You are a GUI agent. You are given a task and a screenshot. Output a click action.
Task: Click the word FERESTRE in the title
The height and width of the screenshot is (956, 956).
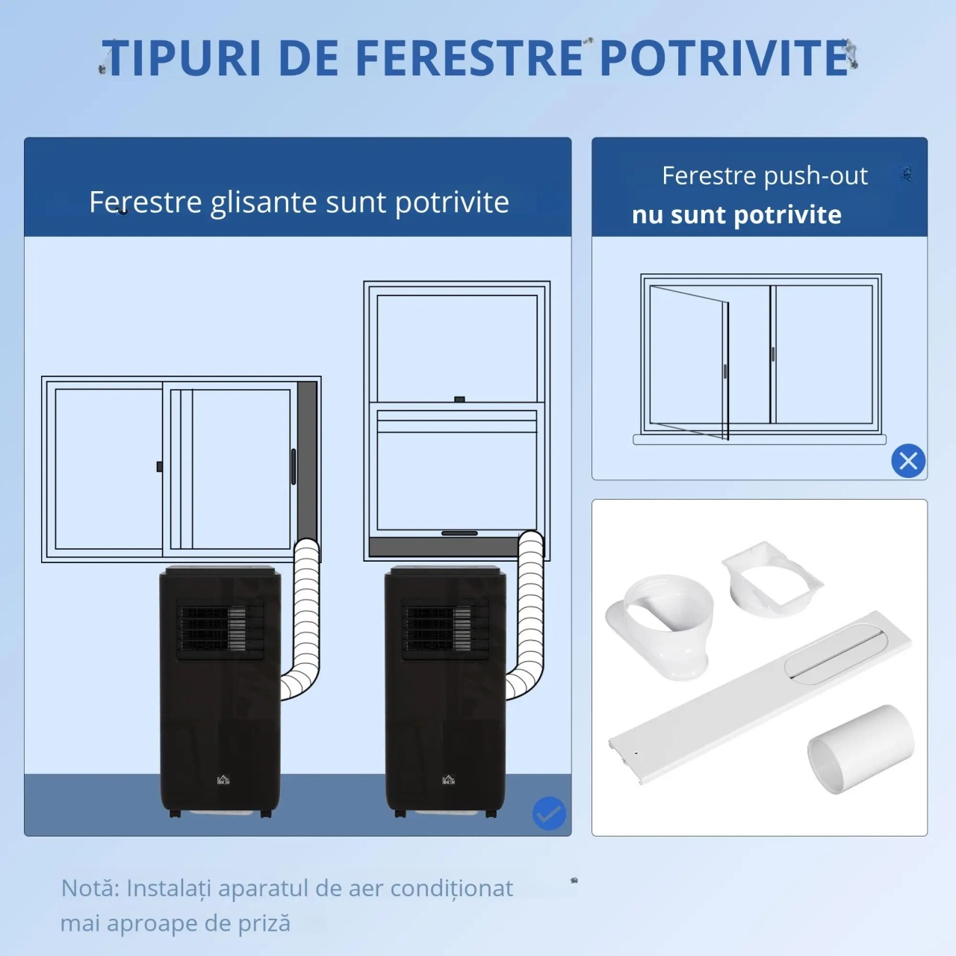(x=469, y=58)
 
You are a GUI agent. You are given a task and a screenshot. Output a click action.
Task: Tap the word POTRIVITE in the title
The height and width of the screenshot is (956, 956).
(x=724, y=58)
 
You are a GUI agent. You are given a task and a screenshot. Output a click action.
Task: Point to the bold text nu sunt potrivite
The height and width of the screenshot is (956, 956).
(x=736, y=215)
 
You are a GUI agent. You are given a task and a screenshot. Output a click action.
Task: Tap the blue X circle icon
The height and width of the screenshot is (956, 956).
(x=908, y=461)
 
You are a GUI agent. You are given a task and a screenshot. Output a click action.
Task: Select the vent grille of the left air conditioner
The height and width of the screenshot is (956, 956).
(x=220, y=629)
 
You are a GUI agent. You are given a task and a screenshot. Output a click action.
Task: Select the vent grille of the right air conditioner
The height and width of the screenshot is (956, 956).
(x=445, y=629)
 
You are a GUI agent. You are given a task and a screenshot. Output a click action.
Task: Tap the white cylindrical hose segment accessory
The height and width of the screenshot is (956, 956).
(x=860, y=749)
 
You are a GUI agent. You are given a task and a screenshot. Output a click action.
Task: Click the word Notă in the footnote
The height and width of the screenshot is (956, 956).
(x=90, y=887)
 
